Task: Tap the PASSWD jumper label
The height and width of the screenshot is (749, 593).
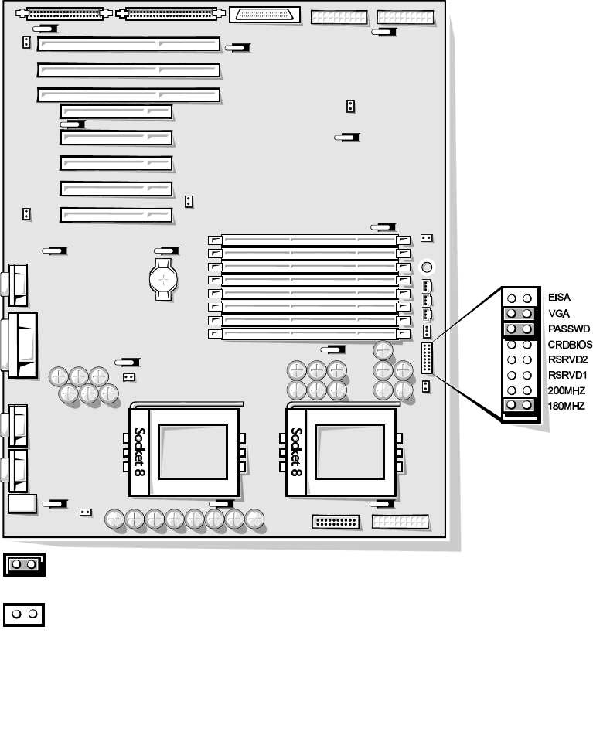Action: [564, 329]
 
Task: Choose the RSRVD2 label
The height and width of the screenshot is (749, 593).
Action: [567, 359]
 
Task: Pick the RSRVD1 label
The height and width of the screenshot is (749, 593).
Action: [567, 375]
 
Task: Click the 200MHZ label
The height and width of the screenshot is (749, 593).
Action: [565, 390]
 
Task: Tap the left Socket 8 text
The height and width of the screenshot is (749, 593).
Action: [140, 451]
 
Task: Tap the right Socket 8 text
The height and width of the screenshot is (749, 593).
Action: [296, 451]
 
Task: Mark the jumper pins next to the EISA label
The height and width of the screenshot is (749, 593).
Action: [520, 298]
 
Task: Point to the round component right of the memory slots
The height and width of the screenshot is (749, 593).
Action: [426, 267]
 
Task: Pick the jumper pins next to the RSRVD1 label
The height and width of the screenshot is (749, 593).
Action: [520, 375]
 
